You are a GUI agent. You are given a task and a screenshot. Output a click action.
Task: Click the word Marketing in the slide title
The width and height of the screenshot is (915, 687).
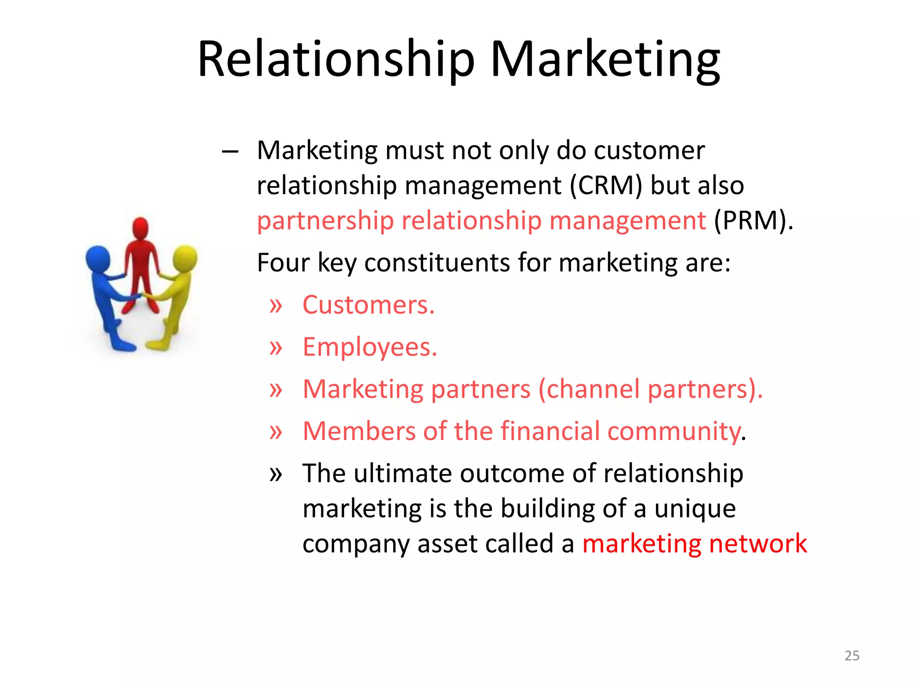tap(605, 60)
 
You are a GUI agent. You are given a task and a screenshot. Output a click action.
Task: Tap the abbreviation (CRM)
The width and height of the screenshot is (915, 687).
tap(606, 185)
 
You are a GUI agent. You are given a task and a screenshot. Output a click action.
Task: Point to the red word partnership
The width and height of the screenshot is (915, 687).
tap(325, 221)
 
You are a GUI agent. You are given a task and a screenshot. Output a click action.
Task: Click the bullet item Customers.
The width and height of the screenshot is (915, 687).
tap(368, 305)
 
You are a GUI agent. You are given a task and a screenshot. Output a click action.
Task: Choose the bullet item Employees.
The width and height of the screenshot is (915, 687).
tap(369, 347)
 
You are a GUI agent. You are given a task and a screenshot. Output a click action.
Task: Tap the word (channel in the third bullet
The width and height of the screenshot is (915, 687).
tap(589, 389)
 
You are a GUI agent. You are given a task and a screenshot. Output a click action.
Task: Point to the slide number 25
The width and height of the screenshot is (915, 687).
tap(852, 656)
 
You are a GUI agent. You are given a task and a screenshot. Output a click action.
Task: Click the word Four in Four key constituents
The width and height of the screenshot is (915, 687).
tap(283, 263)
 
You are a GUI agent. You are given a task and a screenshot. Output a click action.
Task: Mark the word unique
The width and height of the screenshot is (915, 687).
tap(695, 509)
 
